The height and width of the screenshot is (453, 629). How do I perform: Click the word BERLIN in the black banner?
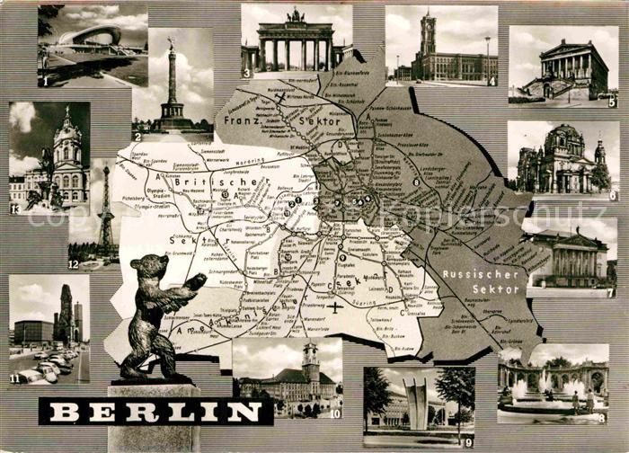155,412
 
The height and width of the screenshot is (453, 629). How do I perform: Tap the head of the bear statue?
148,269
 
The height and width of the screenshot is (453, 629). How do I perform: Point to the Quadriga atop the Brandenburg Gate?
296,15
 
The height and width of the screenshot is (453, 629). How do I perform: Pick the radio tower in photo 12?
105,211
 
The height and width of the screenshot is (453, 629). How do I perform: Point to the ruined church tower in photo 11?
66,315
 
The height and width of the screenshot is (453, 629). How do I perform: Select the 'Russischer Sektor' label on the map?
481,281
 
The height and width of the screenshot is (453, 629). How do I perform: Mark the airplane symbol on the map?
335,307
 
